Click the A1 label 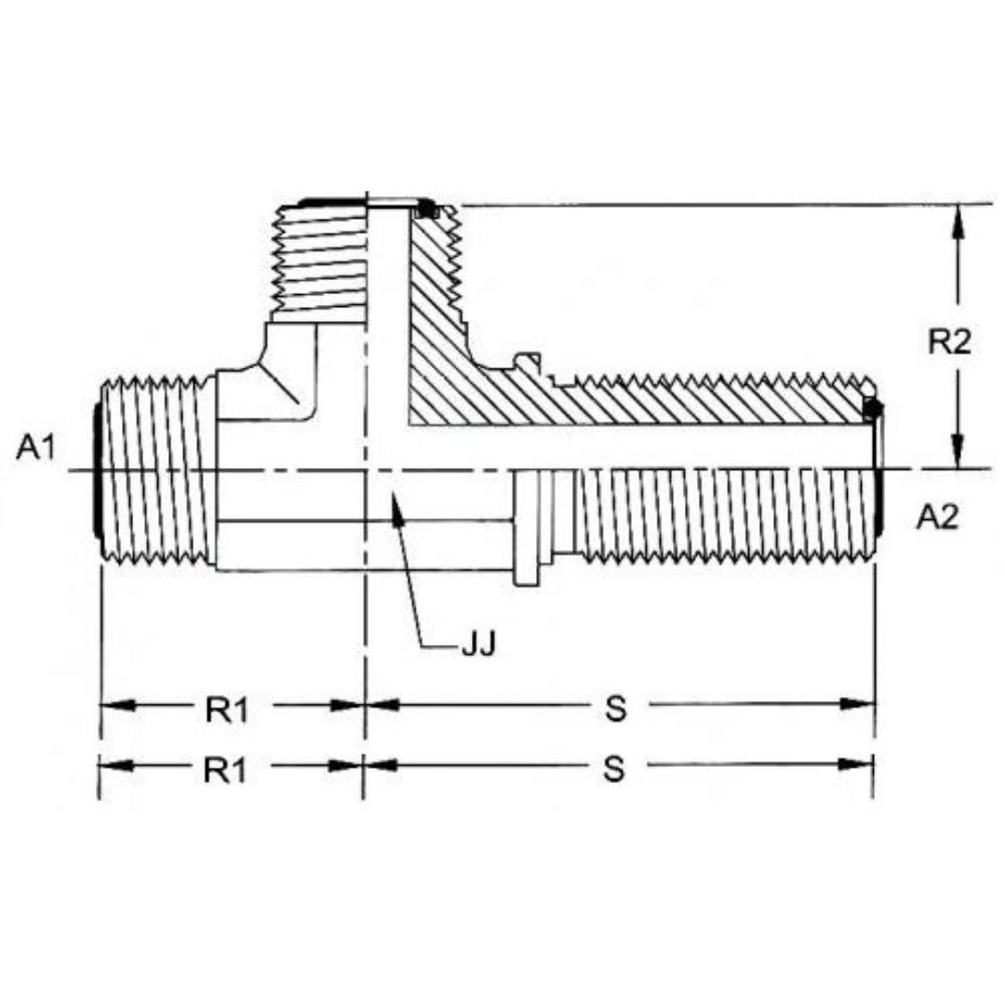(36, 449)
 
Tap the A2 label (937, 516)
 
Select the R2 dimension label (949, 342)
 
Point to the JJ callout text (478, 645)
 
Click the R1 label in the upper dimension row (228, 710)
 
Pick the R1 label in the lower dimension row (228, 770)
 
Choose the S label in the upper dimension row (614, 709)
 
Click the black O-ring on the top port (426, 209)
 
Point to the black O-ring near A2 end (872, 409)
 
